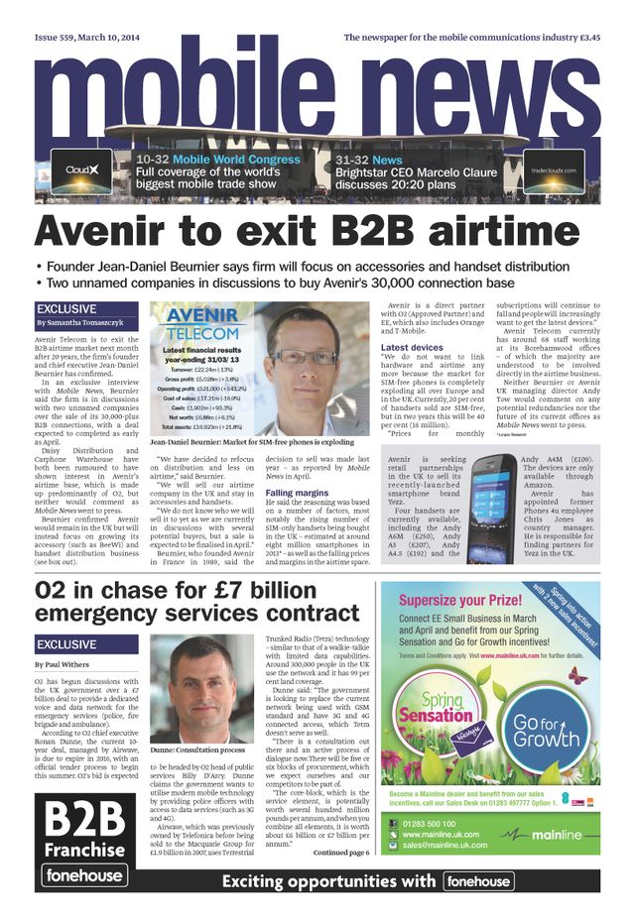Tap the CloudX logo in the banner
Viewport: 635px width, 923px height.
81,170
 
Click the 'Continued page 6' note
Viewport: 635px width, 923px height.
341,853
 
